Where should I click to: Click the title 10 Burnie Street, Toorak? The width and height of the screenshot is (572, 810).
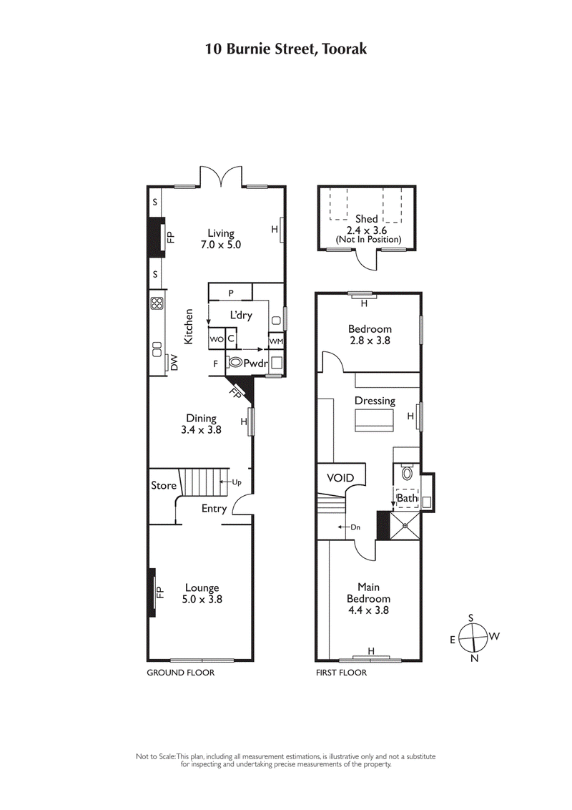[286, 49]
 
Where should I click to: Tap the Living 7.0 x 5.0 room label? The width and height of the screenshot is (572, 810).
[220, 238]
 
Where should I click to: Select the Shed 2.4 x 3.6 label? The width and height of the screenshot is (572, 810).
[366, 224]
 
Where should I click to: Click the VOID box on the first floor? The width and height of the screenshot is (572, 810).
[340, 477]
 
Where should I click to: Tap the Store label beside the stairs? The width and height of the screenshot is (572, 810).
[163, 485]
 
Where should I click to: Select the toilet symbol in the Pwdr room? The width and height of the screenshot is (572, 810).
[235, 363]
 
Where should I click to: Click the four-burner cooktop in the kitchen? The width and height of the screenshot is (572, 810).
[156, 303]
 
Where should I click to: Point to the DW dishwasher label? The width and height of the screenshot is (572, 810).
[173, 363]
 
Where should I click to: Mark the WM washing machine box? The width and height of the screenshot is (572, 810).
[276, 341]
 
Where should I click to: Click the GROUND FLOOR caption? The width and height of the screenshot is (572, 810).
[180, 673]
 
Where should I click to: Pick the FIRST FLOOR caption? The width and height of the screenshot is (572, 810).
[341, 673]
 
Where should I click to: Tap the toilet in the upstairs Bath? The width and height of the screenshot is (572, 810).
[407, 472]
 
